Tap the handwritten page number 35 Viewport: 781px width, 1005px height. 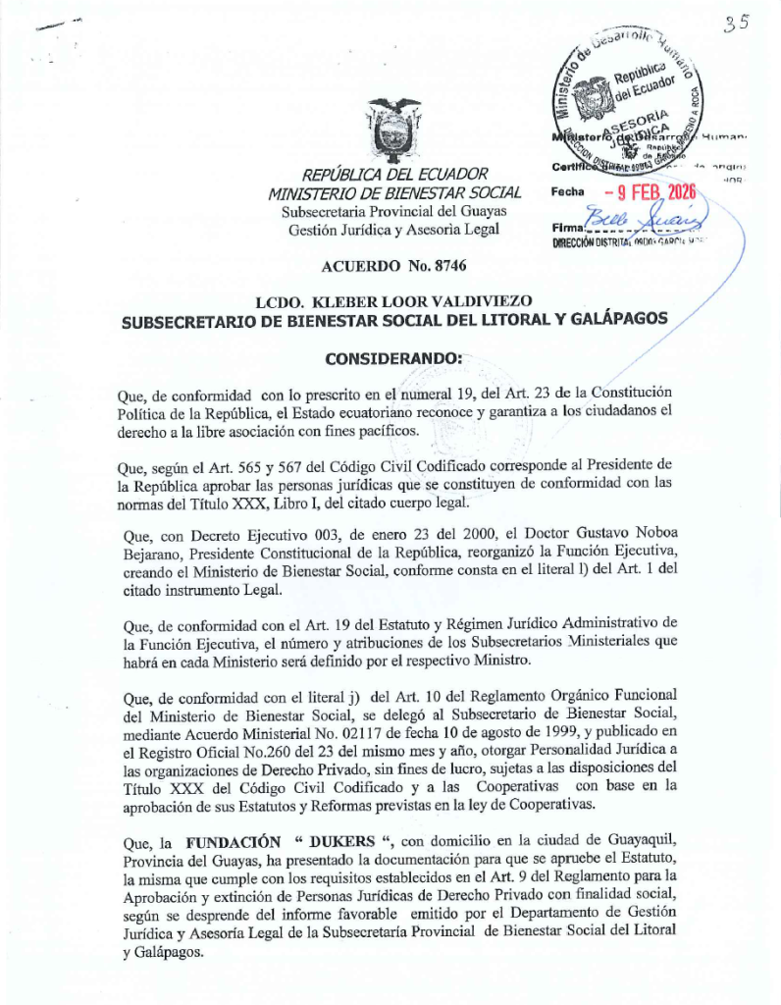coord(735,25)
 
